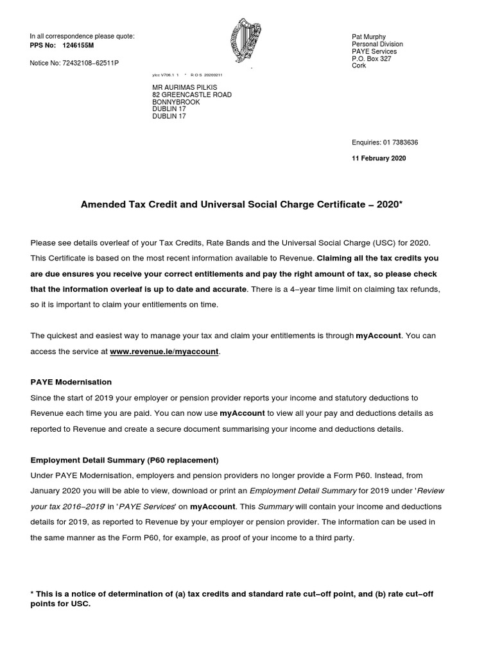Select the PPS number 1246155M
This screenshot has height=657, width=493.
pyautogui.click(x=78, y=46)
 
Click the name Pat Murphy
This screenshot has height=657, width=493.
pyautogui.click(x=369, y=37)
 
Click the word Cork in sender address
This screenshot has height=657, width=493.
pyautogui.click(x=359, y=65)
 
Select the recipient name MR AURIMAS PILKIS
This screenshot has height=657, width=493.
pyautogui.click(x=184, y=87)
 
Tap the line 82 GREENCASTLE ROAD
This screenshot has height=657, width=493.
pyautogui.click(x=192, y=94)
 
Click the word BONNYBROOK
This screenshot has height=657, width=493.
pyautogui.click(x=176, y=102)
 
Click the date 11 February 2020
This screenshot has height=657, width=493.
pyautogui.click(x=379, y=158)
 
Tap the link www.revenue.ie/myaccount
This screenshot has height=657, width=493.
pyautogui.click(x=164, y=352)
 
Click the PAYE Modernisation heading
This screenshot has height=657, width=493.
pyautogui.click(x=71, y=382)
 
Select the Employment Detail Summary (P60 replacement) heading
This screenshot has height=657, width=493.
pyautogui.click(x=125, y=460)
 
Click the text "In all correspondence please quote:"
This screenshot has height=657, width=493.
pyautogui.click(x=82, y=36)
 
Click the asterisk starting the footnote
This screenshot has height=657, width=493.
pyautogui.click(x=32, y=593)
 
